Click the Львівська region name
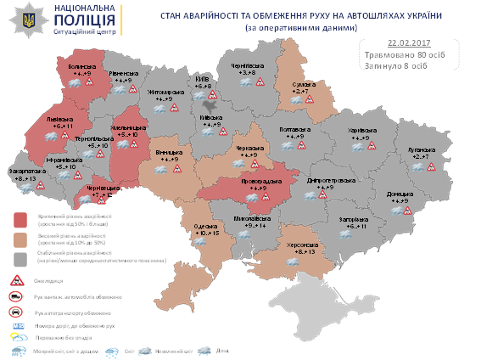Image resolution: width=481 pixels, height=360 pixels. click(59, 119)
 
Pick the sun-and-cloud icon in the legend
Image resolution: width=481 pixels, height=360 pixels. click(15, 337)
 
